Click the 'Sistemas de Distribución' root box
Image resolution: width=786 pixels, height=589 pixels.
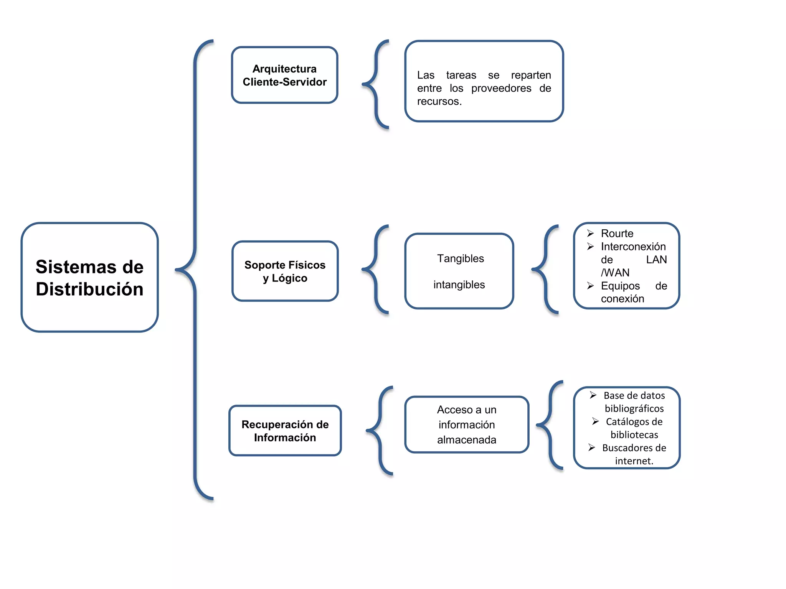89,277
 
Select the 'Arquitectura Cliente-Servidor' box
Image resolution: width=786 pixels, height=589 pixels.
284,75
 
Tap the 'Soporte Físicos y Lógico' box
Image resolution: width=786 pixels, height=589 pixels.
285,271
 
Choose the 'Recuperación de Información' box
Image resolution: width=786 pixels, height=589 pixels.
285,431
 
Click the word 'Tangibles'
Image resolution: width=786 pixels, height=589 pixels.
460,258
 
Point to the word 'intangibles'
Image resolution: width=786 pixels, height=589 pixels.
459,285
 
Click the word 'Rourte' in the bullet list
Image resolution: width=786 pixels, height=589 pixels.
617,233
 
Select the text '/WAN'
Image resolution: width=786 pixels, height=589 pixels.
615,272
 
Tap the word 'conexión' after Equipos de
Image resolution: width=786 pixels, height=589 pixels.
622,299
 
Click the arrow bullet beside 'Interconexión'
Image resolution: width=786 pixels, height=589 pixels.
590,246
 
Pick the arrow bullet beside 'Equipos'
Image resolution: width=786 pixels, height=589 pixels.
590,285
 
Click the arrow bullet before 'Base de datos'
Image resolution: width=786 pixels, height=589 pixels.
593,395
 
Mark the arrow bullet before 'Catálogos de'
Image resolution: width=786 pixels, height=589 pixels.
595,421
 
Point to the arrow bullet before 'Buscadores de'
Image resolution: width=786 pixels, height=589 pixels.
591,447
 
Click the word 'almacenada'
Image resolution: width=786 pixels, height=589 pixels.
466,439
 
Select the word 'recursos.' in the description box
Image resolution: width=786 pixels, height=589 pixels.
439,101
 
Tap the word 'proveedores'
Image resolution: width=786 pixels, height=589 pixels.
501,88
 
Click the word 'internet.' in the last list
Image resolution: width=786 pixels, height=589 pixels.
634,461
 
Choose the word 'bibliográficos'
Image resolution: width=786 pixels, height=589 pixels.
634,408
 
